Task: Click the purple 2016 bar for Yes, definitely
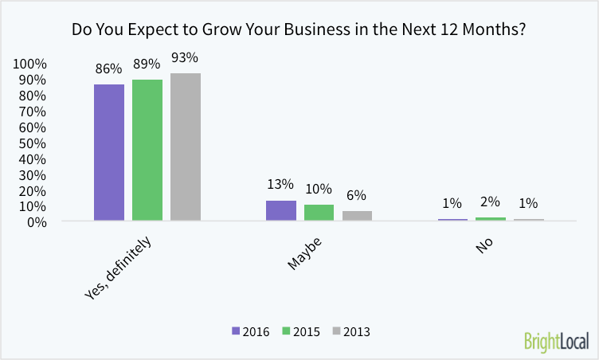(109, 152)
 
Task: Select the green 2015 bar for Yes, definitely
(147, 150)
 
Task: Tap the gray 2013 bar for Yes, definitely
(186, 147)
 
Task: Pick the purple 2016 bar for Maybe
(281, 210)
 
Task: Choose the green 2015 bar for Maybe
(319, 213)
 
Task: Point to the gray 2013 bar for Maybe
(357, 216)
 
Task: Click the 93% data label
(185, 58)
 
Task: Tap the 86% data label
(109, 68)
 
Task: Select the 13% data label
(281, 185)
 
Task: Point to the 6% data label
(357, 196)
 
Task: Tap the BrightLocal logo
(556, 341)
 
